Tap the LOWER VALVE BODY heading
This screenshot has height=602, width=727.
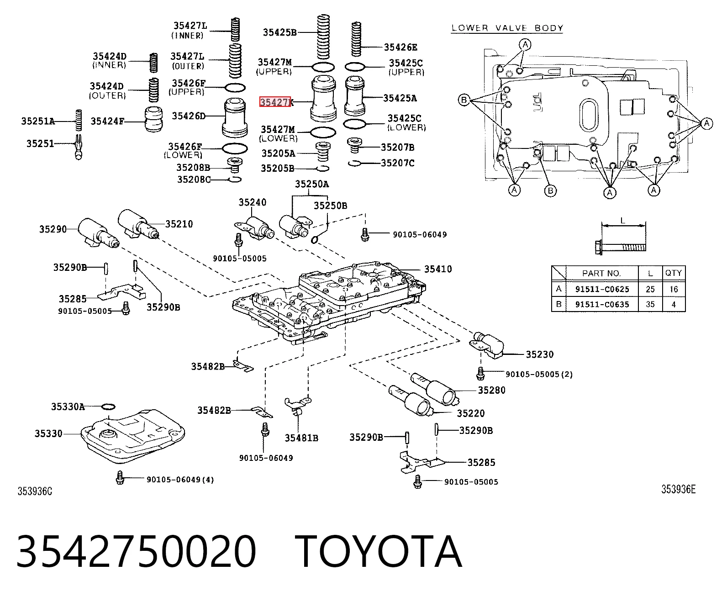point(507,28)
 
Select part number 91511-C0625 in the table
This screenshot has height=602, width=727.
point(602,289)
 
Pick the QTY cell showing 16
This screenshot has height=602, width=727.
point(674,289)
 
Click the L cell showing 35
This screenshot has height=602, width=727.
point(650,304)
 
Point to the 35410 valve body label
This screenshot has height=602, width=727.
point(437,269)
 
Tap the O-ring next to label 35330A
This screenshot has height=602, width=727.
point(108,407)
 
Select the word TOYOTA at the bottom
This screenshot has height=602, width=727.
point(378,552)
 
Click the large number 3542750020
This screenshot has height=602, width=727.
point(136,552)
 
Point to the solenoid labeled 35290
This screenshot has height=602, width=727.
point(98,233)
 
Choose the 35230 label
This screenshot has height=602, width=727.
point(539,354)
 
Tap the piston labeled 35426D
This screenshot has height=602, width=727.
point(235,117)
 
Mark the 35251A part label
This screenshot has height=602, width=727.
point(38,121)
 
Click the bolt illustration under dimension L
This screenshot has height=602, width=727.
point(621,247)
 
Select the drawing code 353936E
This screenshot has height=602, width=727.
point(678,490)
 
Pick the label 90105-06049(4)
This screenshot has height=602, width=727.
point(180,480)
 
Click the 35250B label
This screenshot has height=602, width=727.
point(330,206)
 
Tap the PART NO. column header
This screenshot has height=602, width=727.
point(601,274)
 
